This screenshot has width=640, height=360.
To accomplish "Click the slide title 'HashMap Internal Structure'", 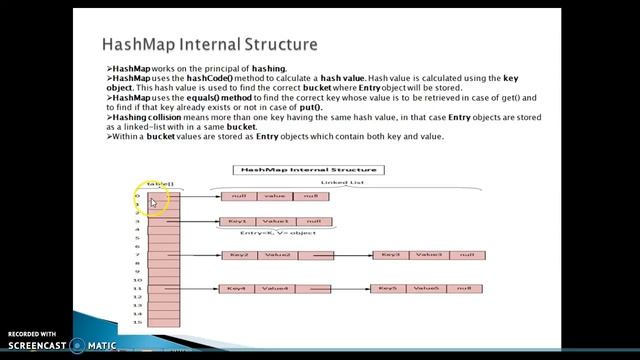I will click(x=210, y=46).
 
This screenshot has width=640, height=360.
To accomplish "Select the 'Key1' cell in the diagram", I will click(x=237, y=221).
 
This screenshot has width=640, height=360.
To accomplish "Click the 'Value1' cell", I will click(x=275, y=221).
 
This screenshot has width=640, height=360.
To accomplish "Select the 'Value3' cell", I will click(x=429, y=255).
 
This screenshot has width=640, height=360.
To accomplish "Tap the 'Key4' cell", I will click(x=238, y=288).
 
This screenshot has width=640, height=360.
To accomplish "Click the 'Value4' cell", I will click(x=276, y=288).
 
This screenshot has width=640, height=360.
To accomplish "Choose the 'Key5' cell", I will click(x=390, y=288).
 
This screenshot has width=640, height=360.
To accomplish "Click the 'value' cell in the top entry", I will click(x=276, y=197).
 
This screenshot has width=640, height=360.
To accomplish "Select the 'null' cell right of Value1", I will click(x=313, y=221).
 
